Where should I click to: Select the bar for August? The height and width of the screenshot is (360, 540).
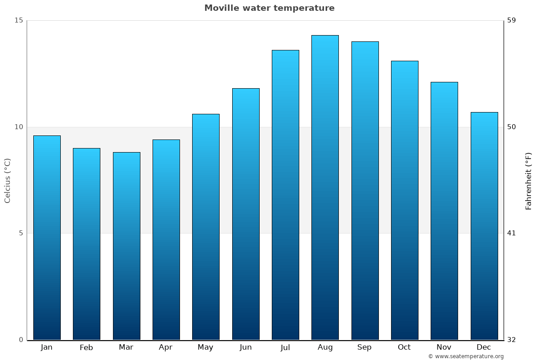click(x=325, y=187)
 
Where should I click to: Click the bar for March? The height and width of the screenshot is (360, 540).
click(x=126, y=246)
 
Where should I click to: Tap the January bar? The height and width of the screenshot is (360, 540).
click(x=47, y=238)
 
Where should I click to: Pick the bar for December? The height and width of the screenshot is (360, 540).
click(x=484, y=226)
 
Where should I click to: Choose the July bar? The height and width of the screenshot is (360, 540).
click(x=285, y=195)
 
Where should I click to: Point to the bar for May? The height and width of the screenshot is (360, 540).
click(x=206, y=227)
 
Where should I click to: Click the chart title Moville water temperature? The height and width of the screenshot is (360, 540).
click(x=270, y=8)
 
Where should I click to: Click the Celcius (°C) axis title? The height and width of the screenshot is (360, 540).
click(x=8, y=180)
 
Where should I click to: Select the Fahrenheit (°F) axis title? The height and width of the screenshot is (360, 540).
click(x=529, y=181)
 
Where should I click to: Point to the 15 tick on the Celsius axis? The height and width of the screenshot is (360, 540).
click(x=18, y=20)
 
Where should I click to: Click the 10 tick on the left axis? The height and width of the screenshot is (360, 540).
click(x=18, y=127)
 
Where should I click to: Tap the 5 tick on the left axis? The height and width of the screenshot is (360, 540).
click(x=21, y=233)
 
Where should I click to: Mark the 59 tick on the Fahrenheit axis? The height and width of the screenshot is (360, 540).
click(x=512, y=20)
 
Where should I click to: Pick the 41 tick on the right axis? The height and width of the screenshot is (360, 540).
click(x=512, y=233)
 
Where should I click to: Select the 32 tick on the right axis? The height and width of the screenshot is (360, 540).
click(x=512, y=340)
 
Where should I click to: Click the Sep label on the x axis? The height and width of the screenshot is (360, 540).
click(x=364, y=347)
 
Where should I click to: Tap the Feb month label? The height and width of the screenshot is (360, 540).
click(x=86, y=347)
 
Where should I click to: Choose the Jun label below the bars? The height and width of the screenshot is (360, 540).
click(x=246, y=347)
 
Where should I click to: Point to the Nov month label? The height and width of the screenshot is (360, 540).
click(x=444, y=347)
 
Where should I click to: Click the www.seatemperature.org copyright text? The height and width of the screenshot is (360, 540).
click(x=466, y=356)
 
